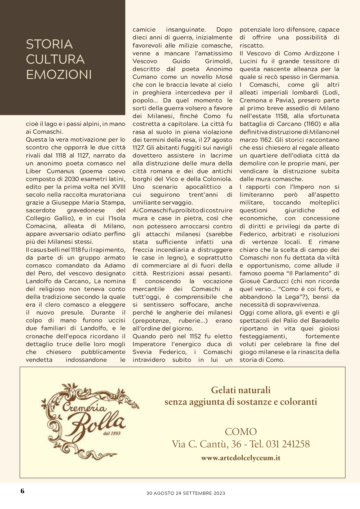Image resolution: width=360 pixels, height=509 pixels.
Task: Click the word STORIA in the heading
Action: click(49, 44)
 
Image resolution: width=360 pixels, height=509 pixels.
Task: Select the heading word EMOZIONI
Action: click(59, 75)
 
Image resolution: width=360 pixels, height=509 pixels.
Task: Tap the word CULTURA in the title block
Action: click(55, 59)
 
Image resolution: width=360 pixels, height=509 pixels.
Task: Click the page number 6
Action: click(22, 491)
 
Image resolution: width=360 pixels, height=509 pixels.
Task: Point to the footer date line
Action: click(186, 493)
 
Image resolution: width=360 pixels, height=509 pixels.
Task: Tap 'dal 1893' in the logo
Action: click(112, 433)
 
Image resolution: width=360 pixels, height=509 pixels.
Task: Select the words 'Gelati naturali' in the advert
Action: click(241, 390)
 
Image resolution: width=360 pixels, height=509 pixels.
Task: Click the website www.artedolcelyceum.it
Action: click(241, 458)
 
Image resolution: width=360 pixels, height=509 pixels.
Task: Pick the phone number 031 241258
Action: click(288, 444)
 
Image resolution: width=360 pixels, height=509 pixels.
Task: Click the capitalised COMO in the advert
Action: click(241, 432)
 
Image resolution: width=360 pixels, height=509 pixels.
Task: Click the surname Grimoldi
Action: click(218, 61)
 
